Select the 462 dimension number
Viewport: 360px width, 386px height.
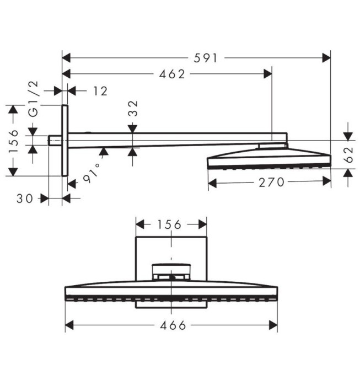(x=173, y=74)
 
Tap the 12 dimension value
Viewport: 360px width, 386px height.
(x=100, y=91)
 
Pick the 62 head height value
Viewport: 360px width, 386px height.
(x=348, y=155)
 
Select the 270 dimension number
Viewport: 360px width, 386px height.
(x=270, y=182)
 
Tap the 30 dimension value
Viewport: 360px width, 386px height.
(x=26, y=199)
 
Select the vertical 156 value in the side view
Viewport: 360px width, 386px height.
(x=15, y=140)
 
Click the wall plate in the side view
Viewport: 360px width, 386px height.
(x=65, y=140)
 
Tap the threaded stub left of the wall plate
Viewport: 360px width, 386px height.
(x=55, y=140)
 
